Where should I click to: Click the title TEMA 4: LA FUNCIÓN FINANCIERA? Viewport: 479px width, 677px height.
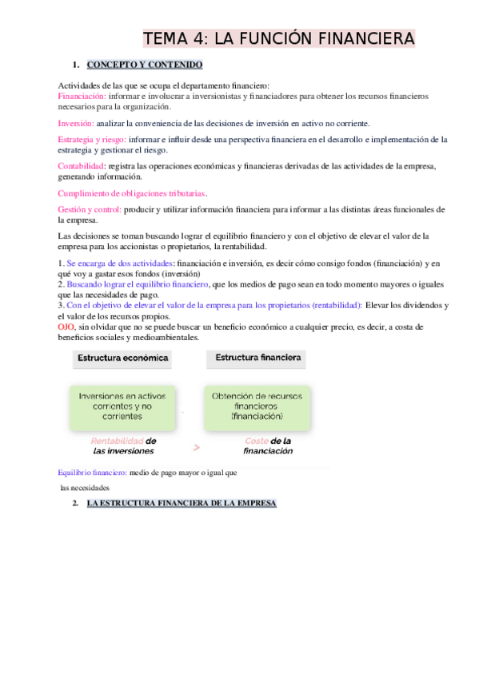click(279, 38)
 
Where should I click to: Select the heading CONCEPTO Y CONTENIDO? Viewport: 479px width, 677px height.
click(144, 64)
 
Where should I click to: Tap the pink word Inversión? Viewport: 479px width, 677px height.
click(76, 123)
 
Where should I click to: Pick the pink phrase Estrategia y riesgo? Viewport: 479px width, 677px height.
click(92, 139)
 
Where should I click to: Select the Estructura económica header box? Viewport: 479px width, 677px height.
click(122, 358)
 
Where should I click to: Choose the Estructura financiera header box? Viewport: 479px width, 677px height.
click(257, 358)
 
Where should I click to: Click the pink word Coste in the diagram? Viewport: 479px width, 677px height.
click(256, 441)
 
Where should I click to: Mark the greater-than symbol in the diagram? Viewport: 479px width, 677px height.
click(196, 447)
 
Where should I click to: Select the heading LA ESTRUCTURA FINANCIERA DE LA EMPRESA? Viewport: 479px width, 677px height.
click(181, 504)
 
